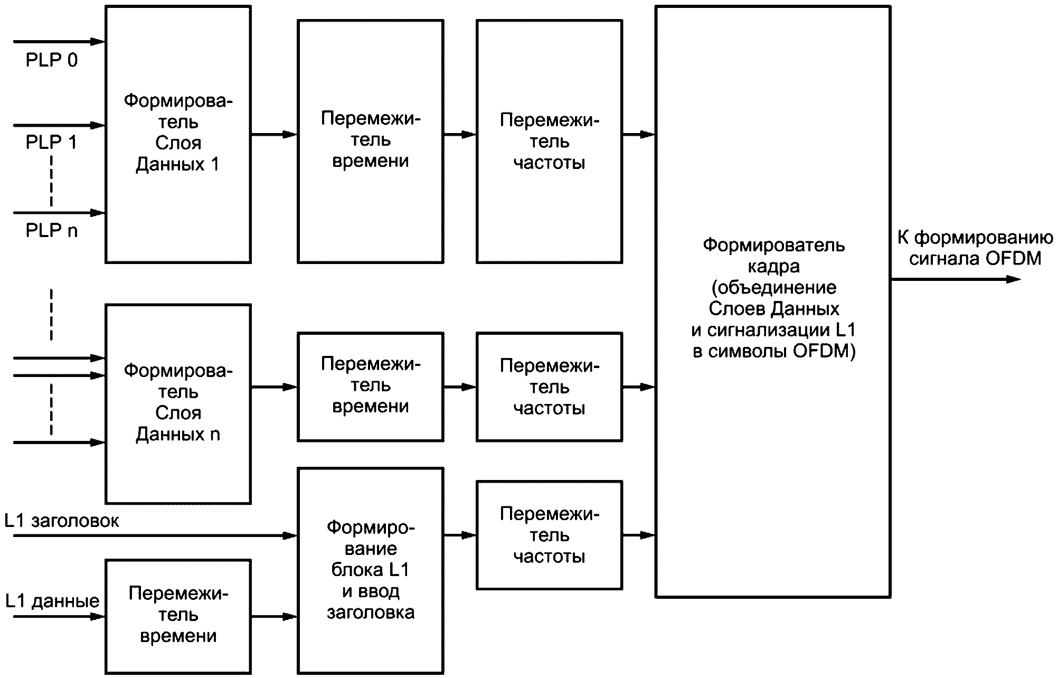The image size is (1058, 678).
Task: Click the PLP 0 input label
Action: pyautogui.click(x=51, y=60)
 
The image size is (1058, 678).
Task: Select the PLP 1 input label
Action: pyautogui.click(x=51, y=143)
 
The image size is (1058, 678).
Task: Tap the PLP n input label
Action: pyautogui.click(x=51, y=231)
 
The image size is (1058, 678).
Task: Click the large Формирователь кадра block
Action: pyautogui.click(x=773, y=301)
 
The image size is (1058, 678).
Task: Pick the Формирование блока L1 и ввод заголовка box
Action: pyautogui.click(x=370, y=570)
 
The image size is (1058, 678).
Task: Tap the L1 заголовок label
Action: pyautogui.click(x=62, y=521)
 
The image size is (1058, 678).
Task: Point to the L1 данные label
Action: pyautogui.click(x=52, y=601)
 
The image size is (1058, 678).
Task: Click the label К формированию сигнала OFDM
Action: pyautogui.click(x=975, y=248)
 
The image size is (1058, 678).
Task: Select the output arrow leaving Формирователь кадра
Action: pyautogui.click(x=956, y=279)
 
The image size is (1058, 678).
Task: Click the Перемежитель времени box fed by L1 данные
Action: pyautogui.click(x=178, y=616)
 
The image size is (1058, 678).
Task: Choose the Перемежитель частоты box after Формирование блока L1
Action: pyautogui.click(x=549, y=535)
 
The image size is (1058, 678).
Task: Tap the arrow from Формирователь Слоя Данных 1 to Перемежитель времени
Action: pyautogui.click(x=274, y=135)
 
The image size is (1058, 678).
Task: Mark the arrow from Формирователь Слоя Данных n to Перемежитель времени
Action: pyautogui.click(x=274, y=388)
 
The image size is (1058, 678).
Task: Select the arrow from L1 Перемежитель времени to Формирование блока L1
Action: pyautogui.click(x=274, y=616)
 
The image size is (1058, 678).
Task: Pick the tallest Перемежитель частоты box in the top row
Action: pyautogui.click(x=549, y=141)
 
